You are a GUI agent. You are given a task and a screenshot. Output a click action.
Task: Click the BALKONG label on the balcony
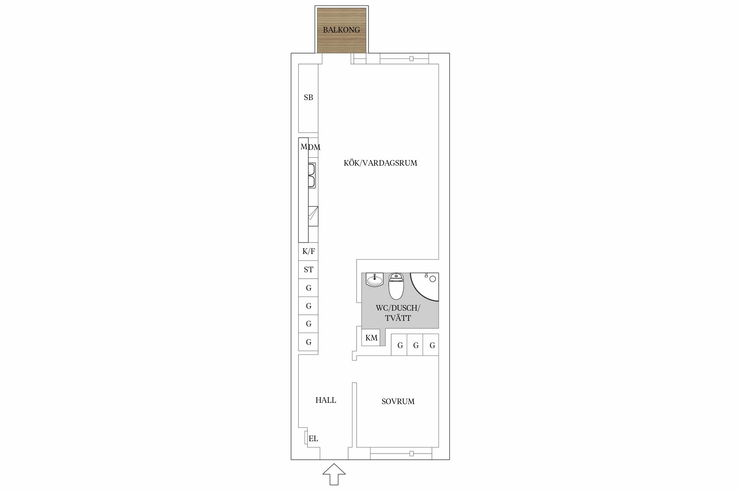[x=341, y=30]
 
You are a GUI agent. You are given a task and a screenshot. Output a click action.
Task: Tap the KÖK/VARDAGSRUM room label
[x=380, y=163]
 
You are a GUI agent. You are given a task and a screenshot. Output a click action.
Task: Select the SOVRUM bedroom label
[x=398, y=401]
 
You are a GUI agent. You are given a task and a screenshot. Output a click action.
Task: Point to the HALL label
[x=326, y=400]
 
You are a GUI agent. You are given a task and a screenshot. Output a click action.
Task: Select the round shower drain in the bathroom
[x=433, y=279]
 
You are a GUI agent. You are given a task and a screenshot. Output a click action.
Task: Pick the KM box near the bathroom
[x=371, y=338]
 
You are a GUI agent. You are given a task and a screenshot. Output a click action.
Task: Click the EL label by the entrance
[x=313, y=439]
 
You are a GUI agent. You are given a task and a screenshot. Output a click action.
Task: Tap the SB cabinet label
[x=308, y=97]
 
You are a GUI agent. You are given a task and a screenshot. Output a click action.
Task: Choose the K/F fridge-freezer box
[x=308, y=252]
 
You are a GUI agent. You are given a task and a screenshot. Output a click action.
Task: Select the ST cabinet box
[x=308, y=270]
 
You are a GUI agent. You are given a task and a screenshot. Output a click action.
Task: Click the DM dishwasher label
[x=314, y=148]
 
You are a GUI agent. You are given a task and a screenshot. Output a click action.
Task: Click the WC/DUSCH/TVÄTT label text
[x=398, y=313]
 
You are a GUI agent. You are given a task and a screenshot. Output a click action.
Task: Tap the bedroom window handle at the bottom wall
[x=411, y=454]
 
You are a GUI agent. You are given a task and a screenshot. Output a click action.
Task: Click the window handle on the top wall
[x=411, y=59]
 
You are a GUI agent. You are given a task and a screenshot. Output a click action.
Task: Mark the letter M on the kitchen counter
[x=304, y=147]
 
